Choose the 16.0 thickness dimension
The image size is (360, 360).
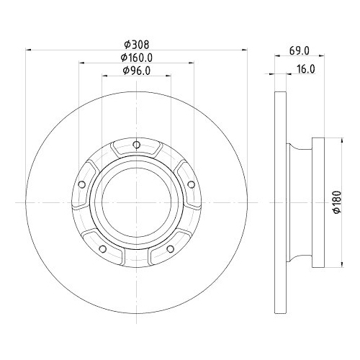306,69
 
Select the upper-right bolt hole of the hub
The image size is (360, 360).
190,184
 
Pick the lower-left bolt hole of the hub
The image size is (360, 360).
102,249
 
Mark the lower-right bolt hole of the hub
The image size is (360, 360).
170,249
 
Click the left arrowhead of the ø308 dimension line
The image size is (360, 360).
29,50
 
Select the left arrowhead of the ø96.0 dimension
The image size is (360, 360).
104,76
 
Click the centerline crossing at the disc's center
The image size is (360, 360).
136,204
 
